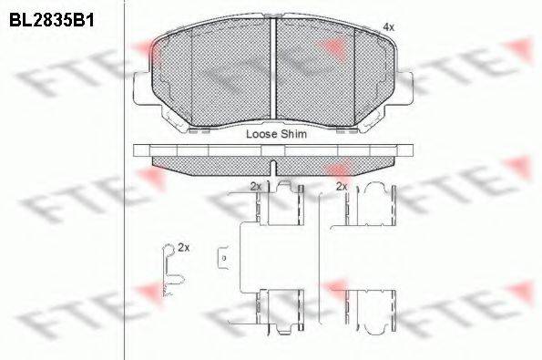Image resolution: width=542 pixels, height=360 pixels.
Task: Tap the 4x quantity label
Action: point(389,27)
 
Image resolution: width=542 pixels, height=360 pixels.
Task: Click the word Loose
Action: point(262,133)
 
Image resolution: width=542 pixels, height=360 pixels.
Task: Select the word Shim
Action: point(294,133)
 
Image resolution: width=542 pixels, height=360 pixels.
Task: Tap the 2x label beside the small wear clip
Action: point(183,247)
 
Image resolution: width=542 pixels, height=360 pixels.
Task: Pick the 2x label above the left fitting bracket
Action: point(256,186)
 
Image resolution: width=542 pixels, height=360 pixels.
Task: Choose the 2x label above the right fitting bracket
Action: point(342,186)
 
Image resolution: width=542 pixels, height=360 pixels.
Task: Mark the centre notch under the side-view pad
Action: point(274,167)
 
